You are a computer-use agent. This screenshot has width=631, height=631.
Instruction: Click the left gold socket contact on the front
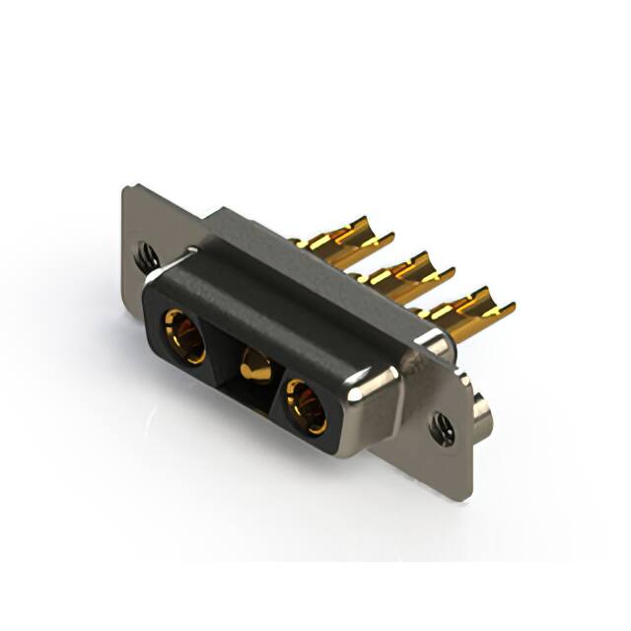click(183, 335)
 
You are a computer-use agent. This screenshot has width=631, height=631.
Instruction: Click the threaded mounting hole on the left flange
click(146, 255)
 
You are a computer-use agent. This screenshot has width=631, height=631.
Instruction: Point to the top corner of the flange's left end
click(127, 188)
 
